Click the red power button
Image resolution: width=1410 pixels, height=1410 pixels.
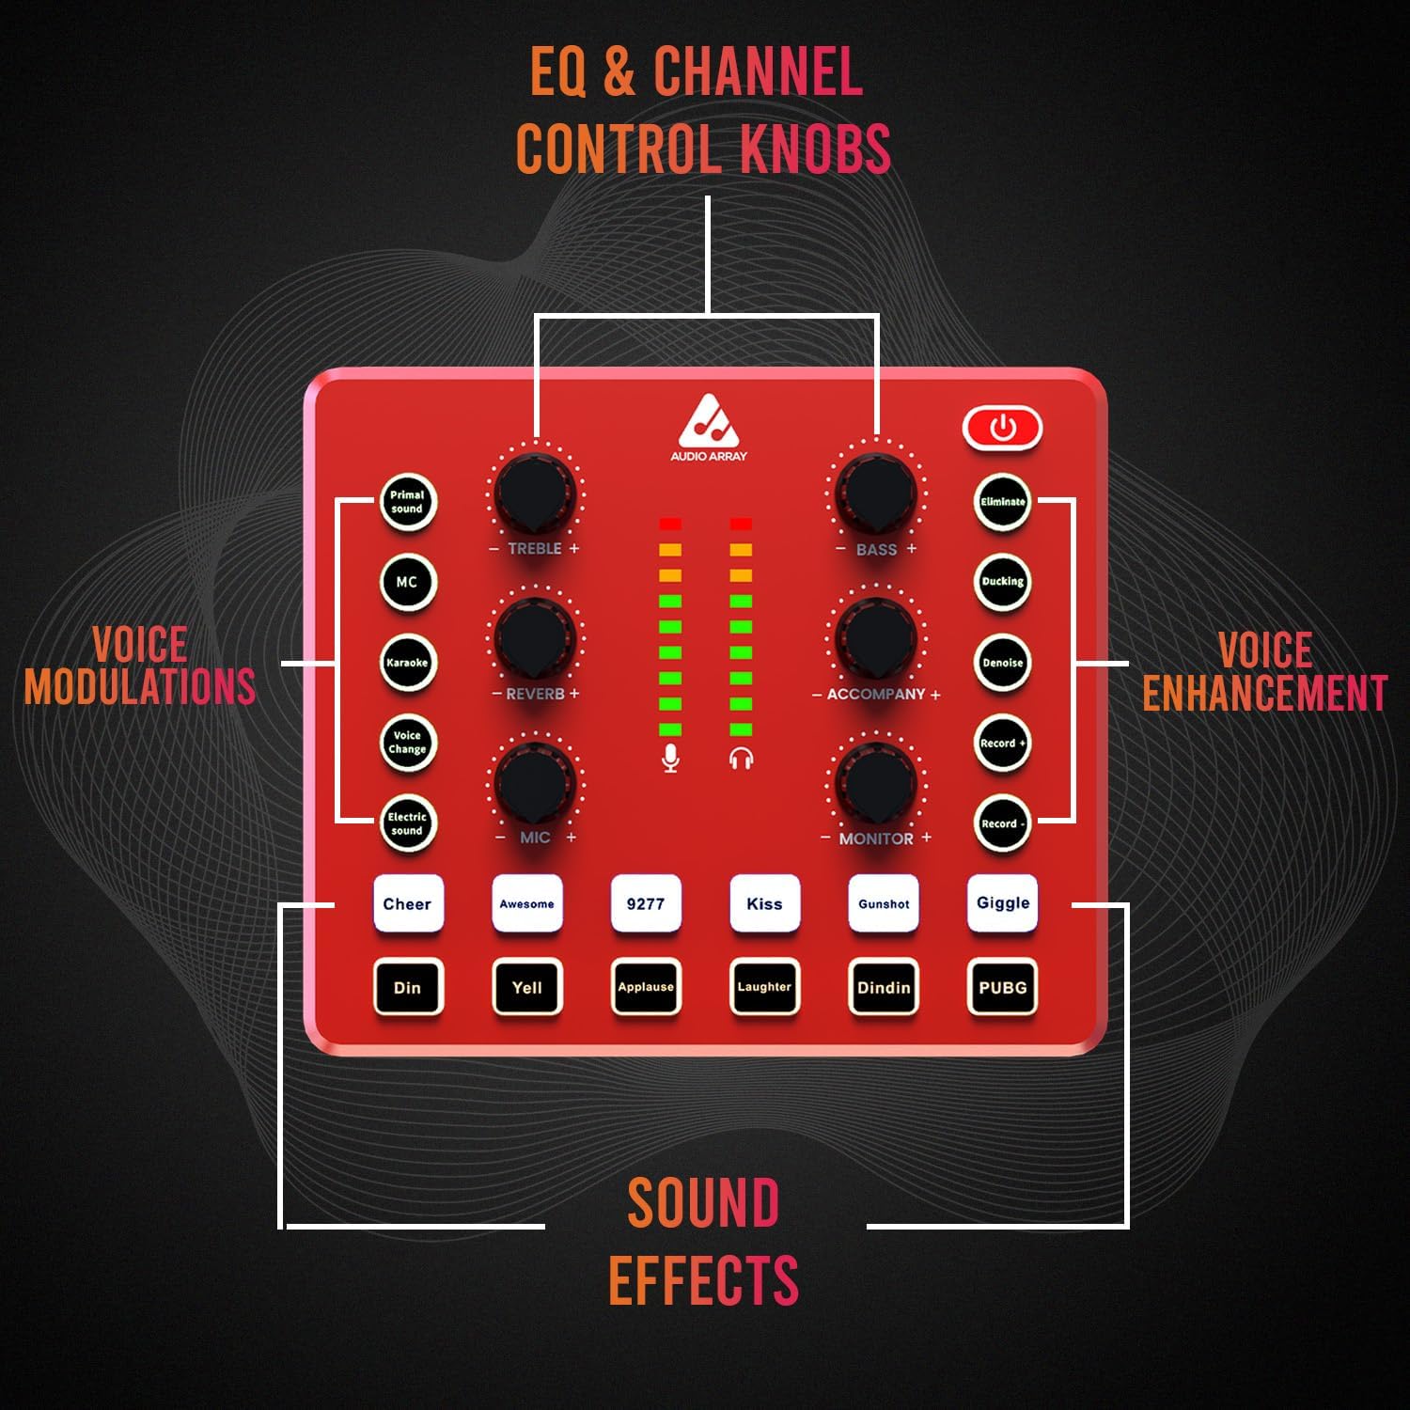(1003, 429)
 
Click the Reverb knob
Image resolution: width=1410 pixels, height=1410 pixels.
(535, 637)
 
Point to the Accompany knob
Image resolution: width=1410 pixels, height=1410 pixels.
(876, 637)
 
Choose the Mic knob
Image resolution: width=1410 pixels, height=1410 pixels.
(535, 782)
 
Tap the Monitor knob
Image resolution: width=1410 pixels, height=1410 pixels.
(876, 782)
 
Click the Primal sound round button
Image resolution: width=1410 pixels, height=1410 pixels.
(407, 502)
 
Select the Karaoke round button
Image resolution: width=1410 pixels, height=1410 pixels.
(407, 663)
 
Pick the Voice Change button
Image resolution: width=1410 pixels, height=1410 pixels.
(407, 743)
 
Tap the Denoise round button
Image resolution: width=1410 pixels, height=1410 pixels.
(1002, 663)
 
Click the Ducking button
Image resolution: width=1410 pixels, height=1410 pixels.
(1002, 582)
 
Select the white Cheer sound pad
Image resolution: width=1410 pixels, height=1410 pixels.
(407, 904)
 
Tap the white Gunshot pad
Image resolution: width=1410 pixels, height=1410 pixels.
(884, 904)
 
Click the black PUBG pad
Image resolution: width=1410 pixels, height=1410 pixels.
(1002, 987)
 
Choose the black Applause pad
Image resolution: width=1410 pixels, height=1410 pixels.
(646, 987)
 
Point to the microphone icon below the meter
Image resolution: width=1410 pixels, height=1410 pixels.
(670, 758)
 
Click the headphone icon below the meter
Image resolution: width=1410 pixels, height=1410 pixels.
(741, 758)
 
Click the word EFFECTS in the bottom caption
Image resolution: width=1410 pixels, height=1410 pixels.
(703, 1280)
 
